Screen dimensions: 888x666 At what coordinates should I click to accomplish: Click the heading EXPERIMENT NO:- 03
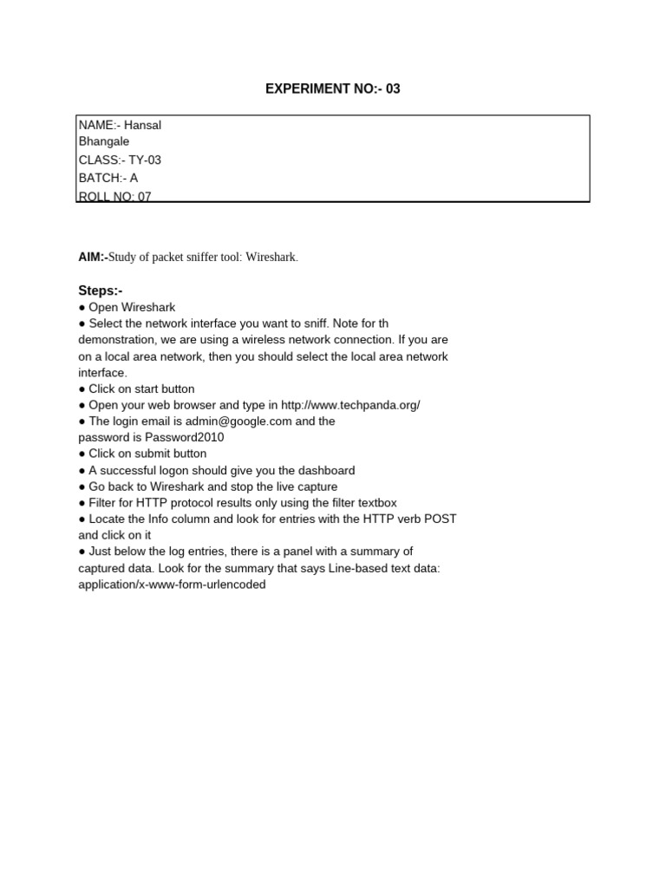pos(333,89)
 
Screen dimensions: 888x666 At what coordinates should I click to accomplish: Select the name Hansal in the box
pos(142,125)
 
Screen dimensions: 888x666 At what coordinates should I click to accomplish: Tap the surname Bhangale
pos(104,140)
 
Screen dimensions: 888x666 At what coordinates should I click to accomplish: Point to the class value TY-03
pos(145,160)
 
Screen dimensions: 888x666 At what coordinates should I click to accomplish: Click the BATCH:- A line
pos(108,178)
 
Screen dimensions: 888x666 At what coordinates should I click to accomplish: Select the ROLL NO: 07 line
pos(114,196)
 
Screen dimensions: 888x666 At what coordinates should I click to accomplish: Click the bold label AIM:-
pos(93,258)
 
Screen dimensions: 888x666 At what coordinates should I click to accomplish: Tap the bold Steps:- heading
pos(101,291)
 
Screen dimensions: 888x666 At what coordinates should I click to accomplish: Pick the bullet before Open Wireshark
pos(82,308)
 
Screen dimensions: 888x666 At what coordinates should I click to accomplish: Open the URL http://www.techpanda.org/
pos(350,405)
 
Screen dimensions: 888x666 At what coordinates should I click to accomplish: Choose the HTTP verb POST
pos(440,519)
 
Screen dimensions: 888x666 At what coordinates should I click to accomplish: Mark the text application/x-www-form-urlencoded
pos(172,584)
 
